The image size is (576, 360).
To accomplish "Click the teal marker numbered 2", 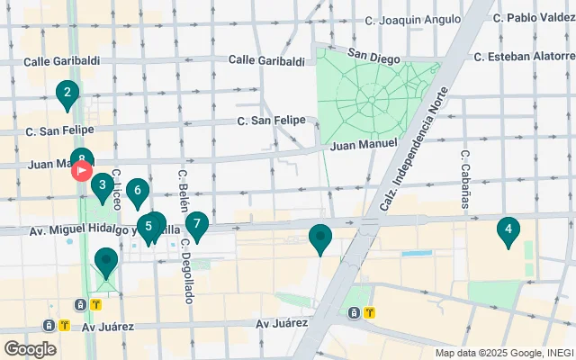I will (x=67, y=92).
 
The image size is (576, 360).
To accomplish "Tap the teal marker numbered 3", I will (x=102, y=186).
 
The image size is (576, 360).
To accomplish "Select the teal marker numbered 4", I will (x=508, y=230).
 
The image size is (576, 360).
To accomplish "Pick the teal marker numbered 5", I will (x=148, y=227).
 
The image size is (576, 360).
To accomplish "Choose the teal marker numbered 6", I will (x=137, y=191).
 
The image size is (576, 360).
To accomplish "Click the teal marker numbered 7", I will (x=196, y=223).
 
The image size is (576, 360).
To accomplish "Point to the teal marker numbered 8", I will (x=82, y=158).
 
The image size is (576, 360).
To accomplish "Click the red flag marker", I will (x=82, y=171).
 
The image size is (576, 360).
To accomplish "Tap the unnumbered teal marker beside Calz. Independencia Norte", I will (x=320, y=238).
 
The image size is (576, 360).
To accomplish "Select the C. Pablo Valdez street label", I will (x=535, y=17).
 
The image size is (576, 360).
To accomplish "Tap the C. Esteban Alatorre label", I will (x=525, y=56).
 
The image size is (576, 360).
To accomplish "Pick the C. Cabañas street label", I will (x=465, y=178).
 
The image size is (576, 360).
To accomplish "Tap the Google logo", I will (x=30, y=348).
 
